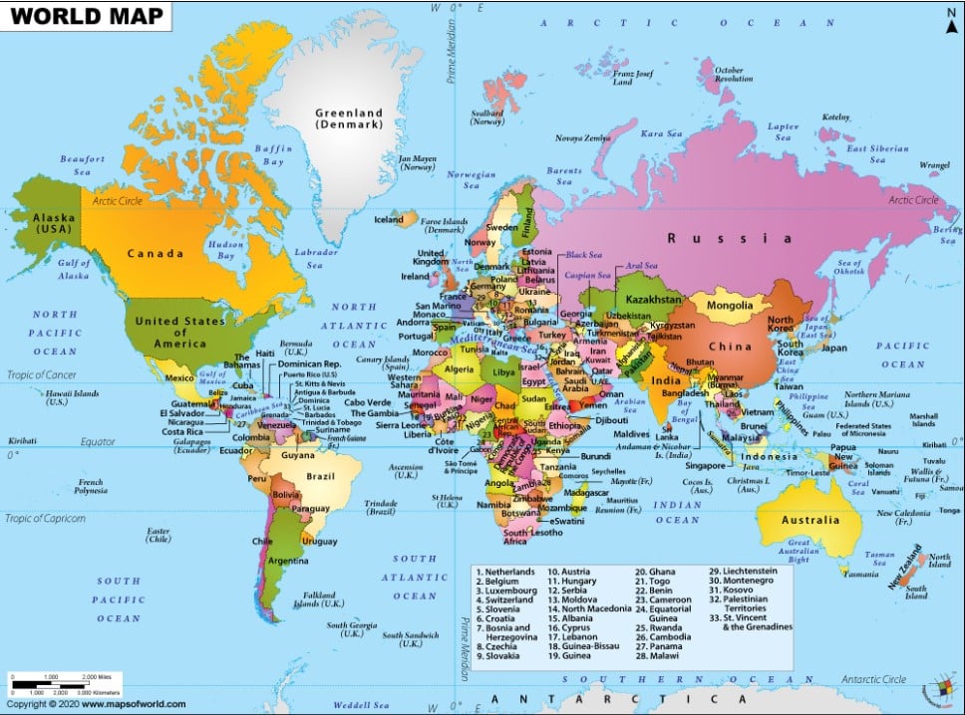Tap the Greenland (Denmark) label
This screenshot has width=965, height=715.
pos(348,119)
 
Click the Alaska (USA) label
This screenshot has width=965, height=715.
pos(48,223)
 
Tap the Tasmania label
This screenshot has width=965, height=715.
pos(859,574)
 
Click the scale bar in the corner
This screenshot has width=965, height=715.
pos(66,684)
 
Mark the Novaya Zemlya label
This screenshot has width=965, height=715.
pos(582,137)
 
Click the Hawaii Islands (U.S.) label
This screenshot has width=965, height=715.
pos(45,396)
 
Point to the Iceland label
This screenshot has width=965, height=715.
pos(388,219)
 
